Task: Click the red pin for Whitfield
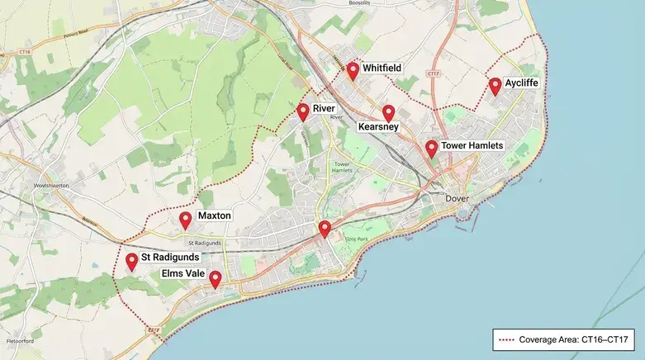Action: [353, 70]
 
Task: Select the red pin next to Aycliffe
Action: [495, 85]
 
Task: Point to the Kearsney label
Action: [379, 127]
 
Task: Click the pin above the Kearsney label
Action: [388, 113]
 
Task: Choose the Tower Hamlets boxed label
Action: [472, 146]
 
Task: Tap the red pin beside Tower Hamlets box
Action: [431, 149]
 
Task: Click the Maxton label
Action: [215, 216]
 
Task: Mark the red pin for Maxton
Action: [186, 220]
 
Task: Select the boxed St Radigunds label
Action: [169, 258]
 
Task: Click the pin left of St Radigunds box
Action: [131, 262]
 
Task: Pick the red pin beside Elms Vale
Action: [215, 279]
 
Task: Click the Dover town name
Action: [456, 198]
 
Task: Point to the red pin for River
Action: [303, 111]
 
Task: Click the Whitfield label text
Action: [382, 68]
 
